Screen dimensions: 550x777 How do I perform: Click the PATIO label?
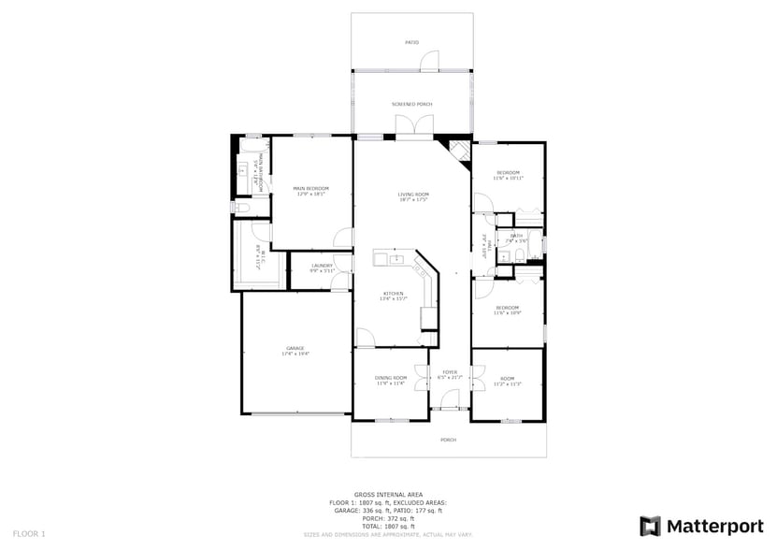pyautogui.click(x=411, y=42)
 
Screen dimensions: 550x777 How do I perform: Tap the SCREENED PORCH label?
pyautogui.click(x=411, y=104)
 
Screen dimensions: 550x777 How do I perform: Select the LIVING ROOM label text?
pyautogui.click(x=412, y=195)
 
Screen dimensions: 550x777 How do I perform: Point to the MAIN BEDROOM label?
pyautogui.click(x=310, y=189)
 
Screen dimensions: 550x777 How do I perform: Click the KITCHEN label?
pyautogui.click(x=393, y=294)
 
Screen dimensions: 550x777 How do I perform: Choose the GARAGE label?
pyautogui.click(x=295, y=349)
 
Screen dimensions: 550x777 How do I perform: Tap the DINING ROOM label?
pyautogui.click(x=392, y=377)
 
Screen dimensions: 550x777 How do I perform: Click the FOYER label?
pyautogui.click(x=450, y=371)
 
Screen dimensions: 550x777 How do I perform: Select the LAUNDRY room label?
pyautogui.click(x=322, y=266)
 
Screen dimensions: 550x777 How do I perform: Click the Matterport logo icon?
pyautogui.click(x=650, y=526)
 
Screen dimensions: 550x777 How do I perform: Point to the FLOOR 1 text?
pyautogui.click(x=29, y=533)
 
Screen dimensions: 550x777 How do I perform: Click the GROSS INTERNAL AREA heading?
pyautogui.click(x=388, y=494)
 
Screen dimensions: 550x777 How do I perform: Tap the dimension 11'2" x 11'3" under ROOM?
pyautogui.click(x=508, y=384)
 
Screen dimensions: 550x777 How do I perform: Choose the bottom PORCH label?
pyautogui.click(x=449, y=440)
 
